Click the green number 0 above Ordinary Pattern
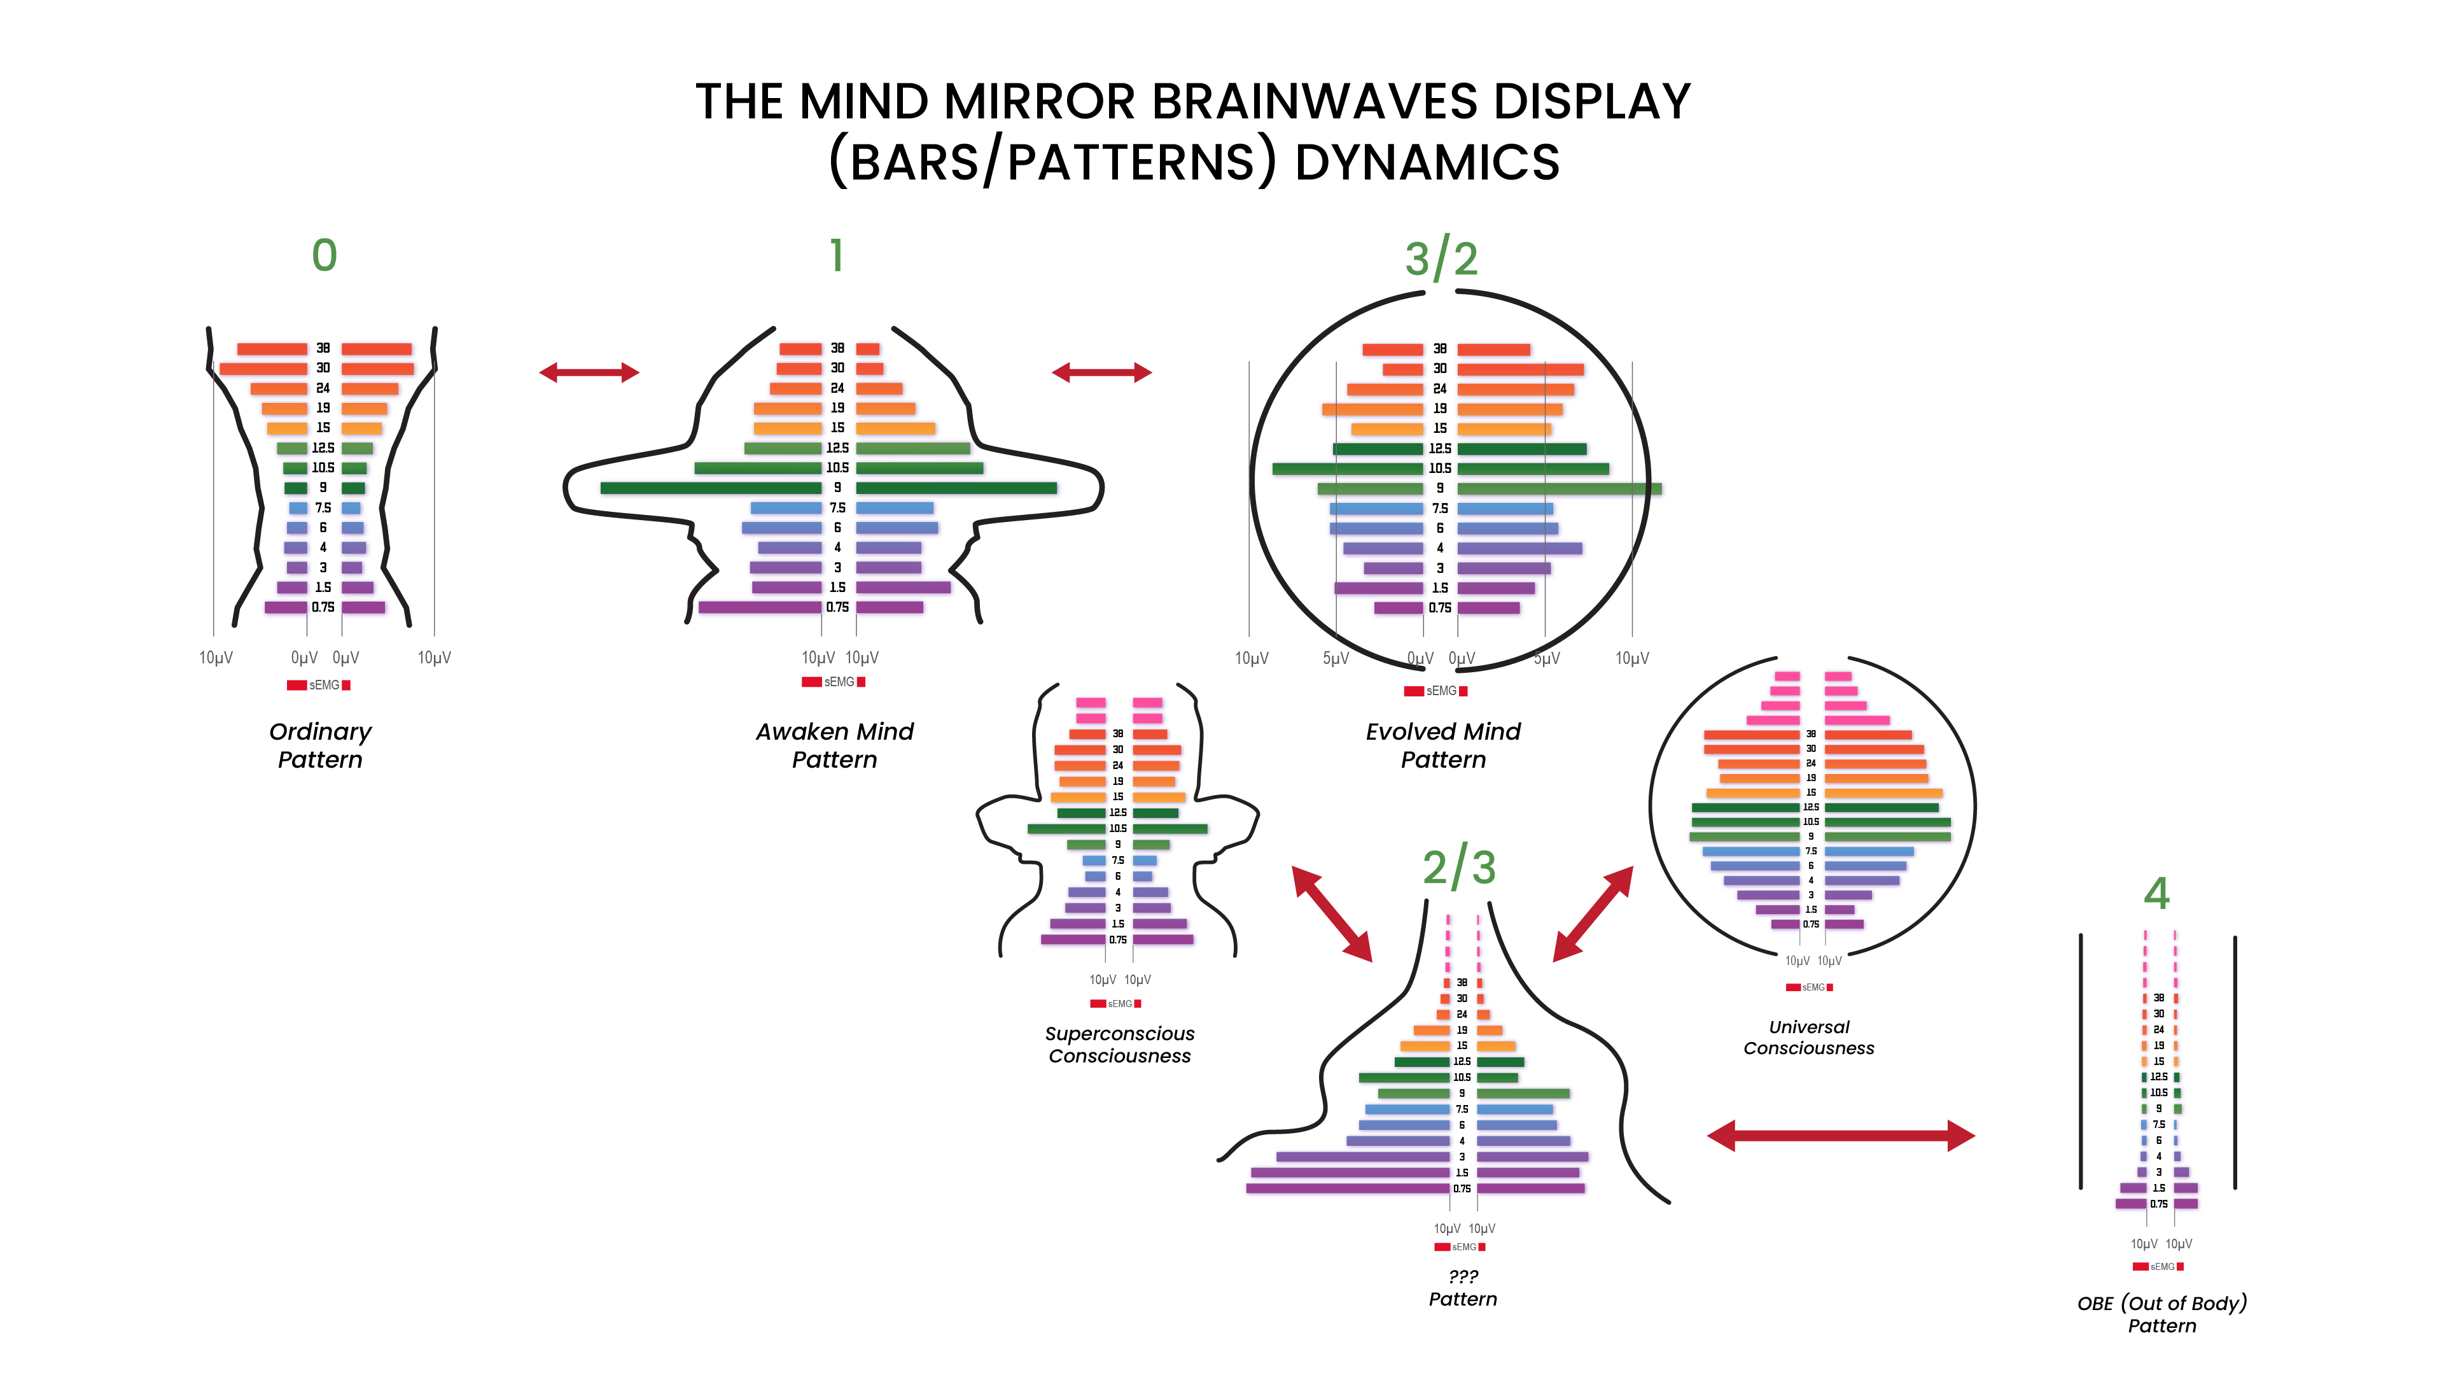tap(325, 255)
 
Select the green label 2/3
tap(1459, 867)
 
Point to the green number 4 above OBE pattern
tap(2156, 894)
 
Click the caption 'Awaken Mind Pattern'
tap(835, 745)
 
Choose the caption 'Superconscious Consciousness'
tap(1119, 1045)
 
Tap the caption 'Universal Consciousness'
tap(1808, 1037)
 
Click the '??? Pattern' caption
tap(1463, 1288)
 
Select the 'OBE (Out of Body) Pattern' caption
tap(2162, 1315)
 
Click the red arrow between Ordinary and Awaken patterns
tap(589, 373)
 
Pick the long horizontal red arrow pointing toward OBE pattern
tap(1841, 1135)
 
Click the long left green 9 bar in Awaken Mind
tap(711, 488)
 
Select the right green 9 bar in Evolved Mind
tap(1559, 489)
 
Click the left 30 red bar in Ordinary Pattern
tap(264, 368)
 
